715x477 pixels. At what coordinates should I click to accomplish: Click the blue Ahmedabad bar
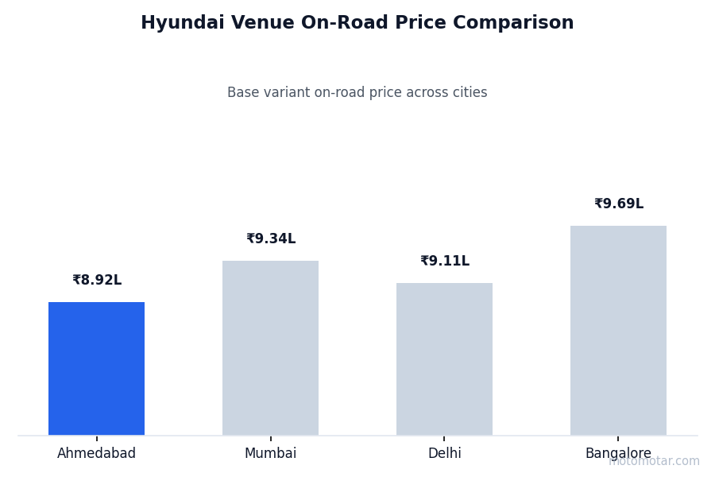pos(96,368)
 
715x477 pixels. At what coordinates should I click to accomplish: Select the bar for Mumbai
pos(270,347)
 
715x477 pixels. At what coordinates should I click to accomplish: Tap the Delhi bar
pos(444,359)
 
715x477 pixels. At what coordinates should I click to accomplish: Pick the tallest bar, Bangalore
pos(618,330)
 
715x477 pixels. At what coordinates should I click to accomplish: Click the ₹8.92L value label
pos(97,281)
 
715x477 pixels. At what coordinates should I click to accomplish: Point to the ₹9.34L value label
pos(271,239)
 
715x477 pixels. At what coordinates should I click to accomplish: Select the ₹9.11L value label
pos(445,262)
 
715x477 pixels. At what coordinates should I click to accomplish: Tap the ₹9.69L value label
pos(619,204)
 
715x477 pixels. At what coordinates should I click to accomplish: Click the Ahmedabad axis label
pos(96,454)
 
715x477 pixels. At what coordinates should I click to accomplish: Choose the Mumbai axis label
pos(270,454)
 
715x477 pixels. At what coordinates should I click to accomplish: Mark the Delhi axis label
pos(444,454)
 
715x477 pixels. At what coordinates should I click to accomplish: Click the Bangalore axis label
pos(618,454)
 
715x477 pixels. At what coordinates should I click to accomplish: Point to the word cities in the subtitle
pos(467,93)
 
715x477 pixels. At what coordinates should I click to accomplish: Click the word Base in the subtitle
pos(242,93)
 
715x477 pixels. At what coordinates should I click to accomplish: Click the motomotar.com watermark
pos(654,461)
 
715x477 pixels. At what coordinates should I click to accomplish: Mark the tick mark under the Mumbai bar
pos(270,438)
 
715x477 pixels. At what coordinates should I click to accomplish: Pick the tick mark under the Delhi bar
pos(444,438)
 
